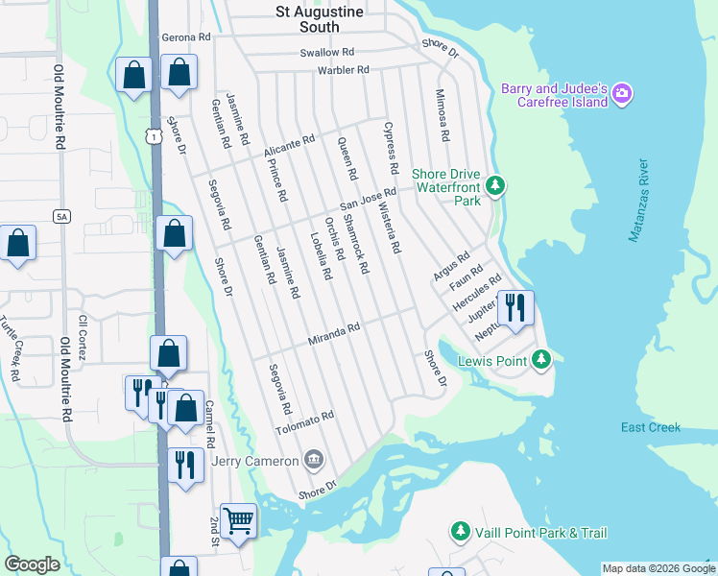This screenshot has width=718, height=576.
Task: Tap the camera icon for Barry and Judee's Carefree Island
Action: [x=622, y=94]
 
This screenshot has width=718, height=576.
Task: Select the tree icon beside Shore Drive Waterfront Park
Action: [x=495, y=184]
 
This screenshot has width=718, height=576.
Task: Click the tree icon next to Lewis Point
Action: [x=542, y=360]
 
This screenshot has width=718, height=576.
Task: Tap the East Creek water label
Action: [x=650, y=427]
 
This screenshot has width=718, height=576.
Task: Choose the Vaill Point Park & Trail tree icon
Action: [x=461, y=532]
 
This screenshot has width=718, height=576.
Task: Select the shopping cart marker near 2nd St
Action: [x=239, y=521]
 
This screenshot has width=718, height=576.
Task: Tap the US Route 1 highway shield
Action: [x=154, y=137]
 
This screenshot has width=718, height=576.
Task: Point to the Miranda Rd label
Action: [x=333, y=334]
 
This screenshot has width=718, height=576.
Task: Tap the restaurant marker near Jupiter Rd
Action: [x=515, y=308]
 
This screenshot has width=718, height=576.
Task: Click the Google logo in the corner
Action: [x=33, y=565]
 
